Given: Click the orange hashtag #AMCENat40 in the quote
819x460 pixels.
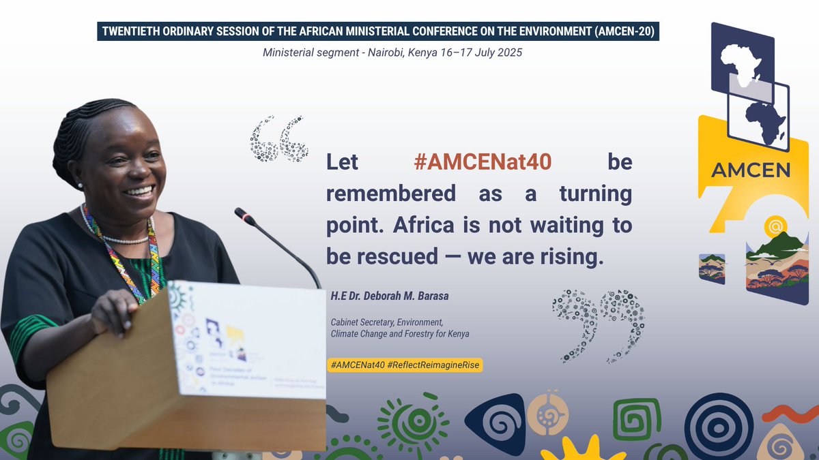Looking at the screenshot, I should [483, 162].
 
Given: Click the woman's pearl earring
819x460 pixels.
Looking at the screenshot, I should [81, 185].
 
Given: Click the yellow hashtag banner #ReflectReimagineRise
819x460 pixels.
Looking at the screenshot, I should [405, 365].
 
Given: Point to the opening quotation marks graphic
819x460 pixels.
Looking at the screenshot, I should [279, 139].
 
